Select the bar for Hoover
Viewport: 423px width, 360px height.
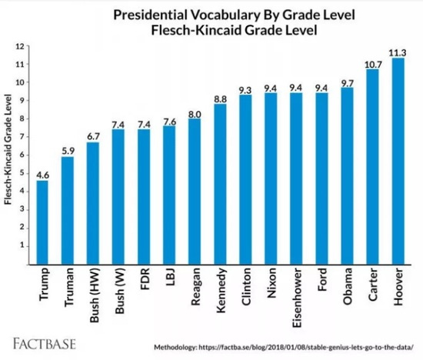[x=398, y=162]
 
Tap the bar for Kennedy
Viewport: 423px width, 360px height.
[x=220, y=185]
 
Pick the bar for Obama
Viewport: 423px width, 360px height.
[x=347, y=176]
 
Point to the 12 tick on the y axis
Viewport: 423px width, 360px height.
[x=22, y=46]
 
